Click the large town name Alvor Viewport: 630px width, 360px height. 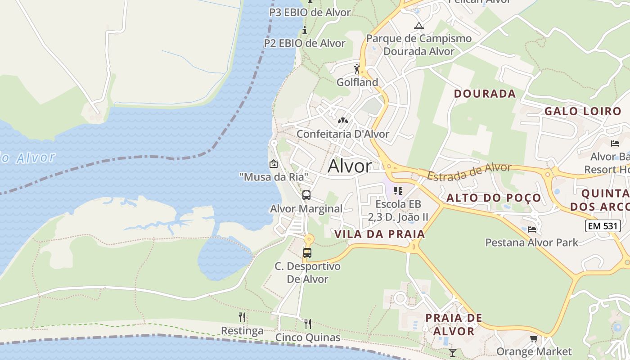[x=350, y=166]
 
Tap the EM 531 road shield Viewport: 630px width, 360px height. [x=603, y=226]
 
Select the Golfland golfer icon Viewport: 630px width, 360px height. [x=357, y=69]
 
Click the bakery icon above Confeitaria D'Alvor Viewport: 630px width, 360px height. [x=343, y=121]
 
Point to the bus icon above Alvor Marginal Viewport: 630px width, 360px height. [x=306, y=195]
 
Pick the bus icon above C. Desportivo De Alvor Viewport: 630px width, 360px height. [x=307, y=253]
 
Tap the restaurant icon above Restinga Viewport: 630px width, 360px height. [x=242, y=317]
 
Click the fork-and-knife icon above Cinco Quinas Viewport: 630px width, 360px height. [x=308, y=324]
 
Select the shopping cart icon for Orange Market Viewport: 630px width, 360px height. [x=534, y=338]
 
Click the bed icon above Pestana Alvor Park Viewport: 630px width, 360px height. [x=532, y=229]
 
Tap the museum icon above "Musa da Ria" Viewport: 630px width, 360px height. [x=273, y=164]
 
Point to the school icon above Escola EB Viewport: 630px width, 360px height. [x=398, y=191]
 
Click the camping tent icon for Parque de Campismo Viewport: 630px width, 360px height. [x=419, y=26]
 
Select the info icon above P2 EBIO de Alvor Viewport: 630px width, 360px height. [x=305, y=31]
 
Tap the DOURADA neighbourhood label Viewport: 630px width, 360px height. [x=485, y=94]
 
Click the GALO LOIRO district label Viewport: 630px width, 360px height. [x=583, y=111]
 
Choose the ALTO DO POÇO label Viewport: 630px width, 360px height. [x=494, y=198]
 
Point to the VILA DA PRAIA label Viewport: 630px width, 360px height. [x=380, y=234]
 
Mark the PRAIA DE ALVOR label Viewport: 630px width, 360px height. [x=454, y=324]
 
